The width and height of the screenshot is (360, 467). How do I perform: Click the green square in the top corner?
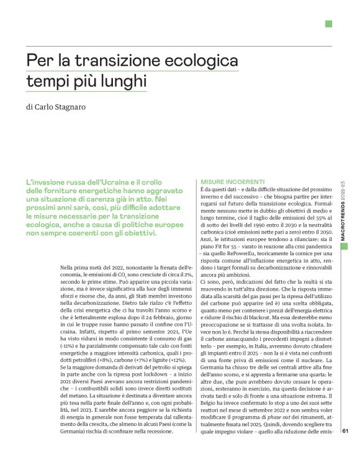tap(328, 24)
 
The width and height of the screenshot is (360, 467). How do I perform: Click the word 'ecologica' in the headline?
tap(201, 62)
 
